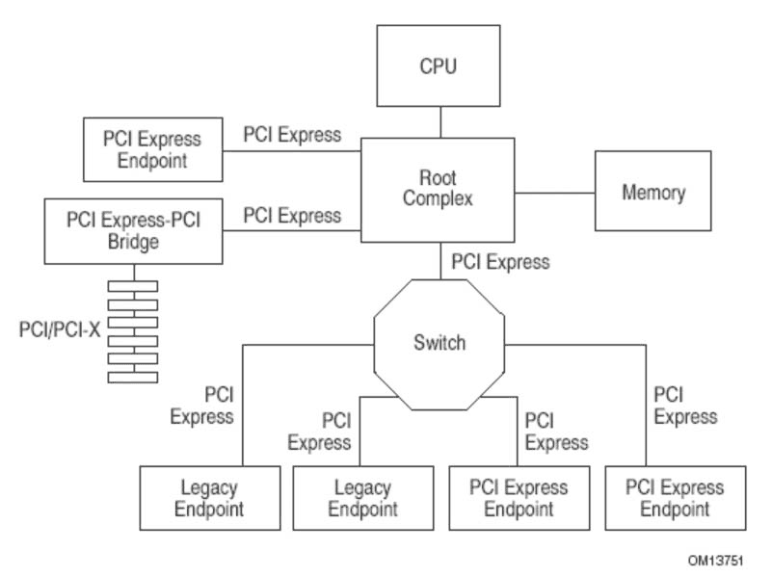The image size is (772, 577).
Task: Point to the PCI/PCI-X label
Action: click(x=60, y=329)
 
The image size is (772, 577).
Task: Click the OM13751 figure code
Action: click(x=715, y=561)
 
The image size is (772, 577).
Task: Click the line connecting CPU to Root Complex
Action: click(x=440, y=122)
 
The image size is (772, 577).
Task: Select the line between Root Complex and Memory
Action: click(x=555, y=193)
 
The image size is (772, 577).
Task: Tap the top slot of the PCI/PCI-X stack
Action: click(x=133, y=286)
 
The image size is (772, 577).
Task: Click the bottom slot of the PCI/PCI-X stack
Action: click(x=133, y=378)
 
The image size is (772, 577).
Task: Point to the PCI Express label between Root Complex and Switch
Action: click(x=501, y=262)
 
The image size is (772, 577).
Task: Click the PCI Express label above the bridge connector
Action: click(x=292, y=216)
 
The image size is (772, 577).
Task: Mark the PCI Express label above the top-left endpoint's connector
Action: click(x=292, y=135)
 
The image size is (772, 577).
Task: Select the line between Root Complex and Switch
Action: click(x=440, y=261)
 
